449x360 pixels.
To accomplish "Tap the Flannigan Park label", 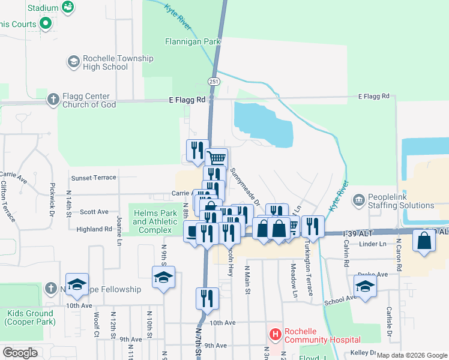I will coord(193,42).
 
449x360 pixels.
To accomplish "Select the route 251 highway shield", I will coord(214,81).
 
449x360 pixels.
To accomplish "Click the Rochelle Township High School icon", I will coord(73,62).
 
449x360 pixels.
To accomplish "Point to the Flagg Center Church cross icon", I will coord(53,99).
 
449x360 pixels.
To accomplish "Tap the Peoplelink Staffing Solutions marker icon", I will coord(359,199).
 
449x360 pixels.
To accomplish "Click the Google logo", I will coord(20,353).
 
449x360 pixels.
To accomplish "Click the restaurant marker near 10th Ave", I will coord(207,298).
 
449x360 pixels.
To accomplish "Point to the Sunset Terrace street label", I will coord(94,178).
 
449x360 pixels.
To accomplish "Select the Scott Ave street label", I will coord(94,212).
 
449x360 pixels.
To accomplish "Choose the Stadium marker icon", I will coord(68,7).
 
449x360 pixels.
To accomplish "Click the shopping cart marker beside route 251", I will coord(217,158).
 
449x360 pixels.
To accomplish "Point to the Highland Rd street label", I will coord(94,229).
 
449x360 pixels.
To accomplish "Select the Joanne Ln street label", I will coord(119,230).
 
